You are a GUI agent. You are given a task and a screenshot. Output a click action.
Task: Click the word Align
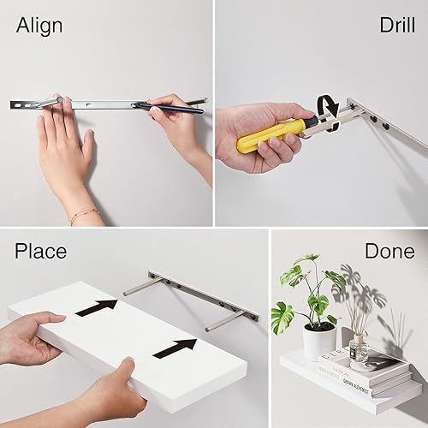click(x=39, y=26)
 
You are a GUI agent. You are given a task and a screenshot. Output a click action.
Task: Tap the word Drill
click(x=396, y=25)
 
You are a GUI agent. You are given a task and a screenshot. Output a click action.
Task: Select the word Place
click(x=40, y=251)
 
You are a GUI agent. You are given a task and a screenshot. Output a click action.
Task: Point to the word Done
click(x=389, y=251)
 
